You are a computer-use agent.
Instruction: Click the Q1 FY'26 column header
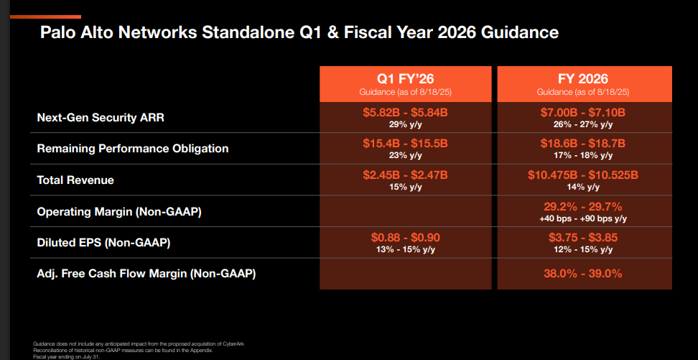405,78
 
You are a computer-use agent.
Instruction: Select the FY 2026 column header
582,78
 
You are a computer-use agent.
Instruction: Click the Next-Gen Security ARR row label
101,117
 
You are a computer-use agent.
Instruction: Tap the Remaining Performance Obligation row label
133,149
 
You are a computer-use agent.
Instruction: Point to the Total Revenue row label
75,180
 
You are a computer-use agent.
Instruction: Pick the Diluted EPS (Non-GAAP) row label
103,243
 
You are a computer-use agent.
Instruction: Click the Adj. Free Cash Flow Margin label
146,274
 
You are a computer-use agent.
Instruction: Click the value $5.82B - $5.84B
405,113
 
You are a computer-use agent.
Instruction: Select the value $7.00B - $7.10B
582,113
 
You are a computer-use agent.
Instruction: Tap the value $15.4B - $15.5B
405,144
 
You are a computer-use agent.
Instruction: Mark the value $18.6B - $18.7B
582,144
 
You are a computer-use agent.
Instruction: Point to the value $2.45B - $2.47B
405,175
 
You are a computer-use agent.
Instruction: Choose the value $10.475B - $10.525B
582,175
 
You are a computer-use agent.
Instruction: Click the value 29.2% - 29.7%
582,207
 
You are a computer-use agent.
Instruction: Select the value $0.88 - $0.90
405,238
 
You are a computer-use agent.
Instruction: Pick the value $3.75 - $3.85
582,238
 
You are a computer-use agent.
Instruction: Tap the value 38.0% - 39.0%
582,274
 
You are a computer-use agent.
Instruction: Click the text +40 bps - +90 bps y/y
582,218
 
